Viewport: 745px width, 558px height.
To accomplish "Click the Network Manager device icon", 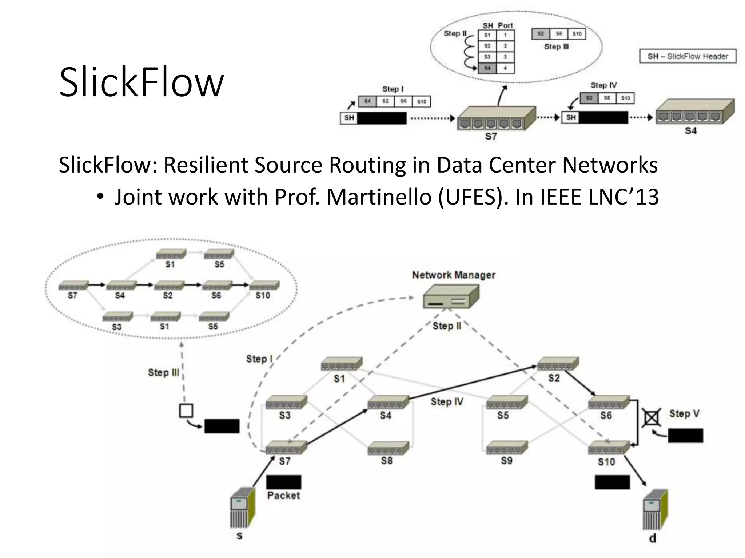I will (x=451, y=296).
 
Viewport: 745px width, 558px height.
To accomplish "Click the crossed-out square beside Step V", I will (x=652, y=418).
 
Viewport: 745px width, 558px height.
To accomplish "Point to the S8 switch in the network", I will (x=388, y=448).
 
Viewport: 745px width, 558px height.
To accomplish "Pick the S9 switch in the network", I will (x=507, y=448).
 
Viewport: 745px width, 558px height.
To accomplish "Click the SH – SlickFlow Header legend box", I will (x=688, y=56).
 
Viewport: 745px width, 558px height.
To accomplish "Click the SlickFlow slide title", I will (x=141, y=82).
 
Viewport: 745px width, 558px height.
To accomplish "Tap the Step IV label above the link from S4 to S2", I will (x=447, y=401).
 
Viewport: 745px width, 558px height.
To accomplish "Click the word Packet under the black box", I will (x=283, y=495).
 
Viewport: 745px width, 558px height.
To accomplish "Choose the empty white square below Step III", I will (x=186, y=411).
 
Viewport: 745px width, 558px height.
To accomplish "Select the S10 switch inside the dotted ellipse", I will (x=264, y=285).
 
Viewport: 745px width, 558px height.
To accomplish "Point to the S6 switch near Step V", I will (x=609, y=403).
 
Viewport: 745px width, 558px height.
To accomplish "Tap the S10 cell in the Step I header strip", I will (x=422, y=101).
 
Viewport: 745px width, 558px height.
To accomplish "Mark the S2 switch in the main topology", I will (x=557, y=363).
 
